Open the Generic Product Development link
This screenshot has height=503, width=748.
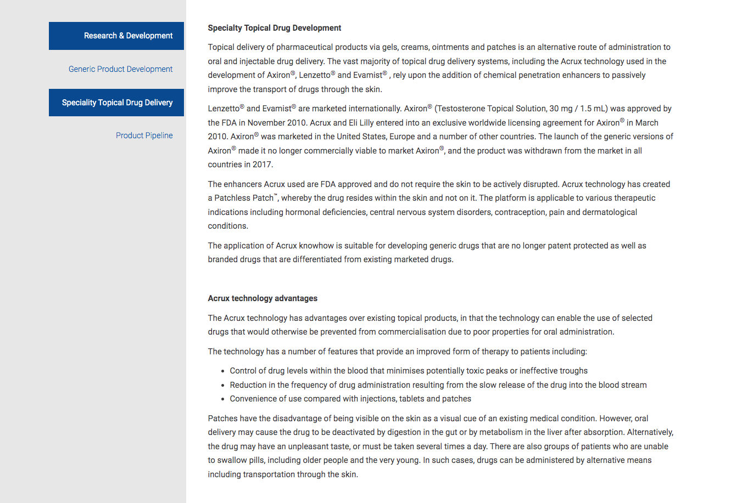click(120, 69)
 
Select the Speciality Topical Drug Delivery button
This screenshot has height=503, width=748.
click(116, 103)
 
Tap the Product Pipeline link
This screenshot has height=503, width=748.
click(144, 135)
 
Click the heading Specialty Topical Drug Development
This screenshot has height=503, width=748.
click(274, 28)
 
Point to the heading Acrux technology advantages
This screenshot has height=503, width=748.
click(263, 298)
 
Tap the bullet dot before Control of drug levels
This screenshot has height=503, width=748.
click(223, 371)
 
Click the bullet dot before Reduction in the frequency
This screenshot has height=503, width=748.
click(223, 386)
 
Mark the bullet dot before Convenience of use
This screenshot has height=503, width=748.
click(223, 399)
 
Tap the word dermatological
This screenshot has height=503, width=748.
click(610, 212)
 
